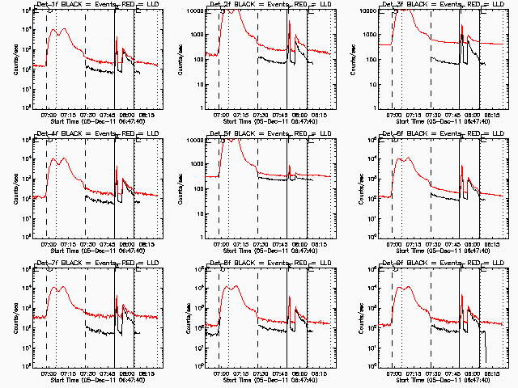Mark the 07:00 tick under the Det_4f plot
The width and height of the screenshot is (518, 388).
[x=47, y=243]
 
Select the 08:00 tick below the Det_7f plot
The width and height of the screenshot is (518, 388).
[x=126, y=373]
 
